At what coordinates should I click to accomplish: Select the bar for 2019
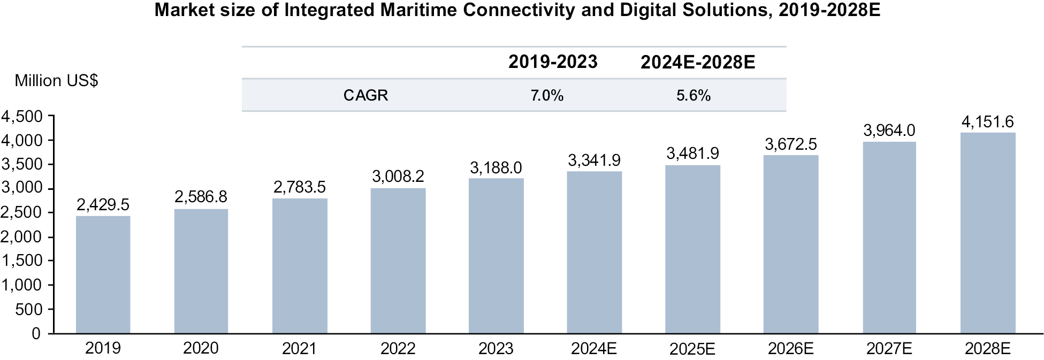click(103, 274)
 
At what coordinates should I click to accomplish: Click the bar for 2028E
click(987, 233)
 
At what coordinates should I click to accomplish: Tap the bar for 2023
click(496, 256)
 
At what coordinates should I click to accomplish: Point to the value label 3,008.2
click(398, 177)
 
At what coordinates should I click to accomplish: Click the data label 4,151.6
click(987, 122)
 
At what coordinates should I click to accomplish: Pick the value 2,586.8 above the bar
click(201, 197)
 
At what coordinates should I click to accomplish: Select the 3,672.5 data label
click(790, 144)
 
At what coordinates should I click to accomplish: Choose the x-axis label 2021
click(299, 349)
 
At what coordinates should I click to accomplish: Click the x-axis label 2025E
click(692, 349)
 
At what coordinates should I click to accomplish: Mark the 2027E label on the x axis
click(889, 349)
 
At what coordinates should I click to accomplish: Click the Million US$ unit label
click(56, 81)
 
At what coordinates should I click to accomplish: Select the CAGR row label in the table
click(365, 95)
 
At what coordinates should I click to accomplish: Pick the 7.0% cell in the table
click(547, 96)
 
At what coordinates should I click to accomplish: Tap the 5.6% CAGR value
click(694, 96)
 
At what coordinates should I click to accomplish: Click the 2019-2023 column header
click(553, 62)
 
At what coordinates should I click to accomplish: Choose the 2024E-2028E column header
click(698, 63)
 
